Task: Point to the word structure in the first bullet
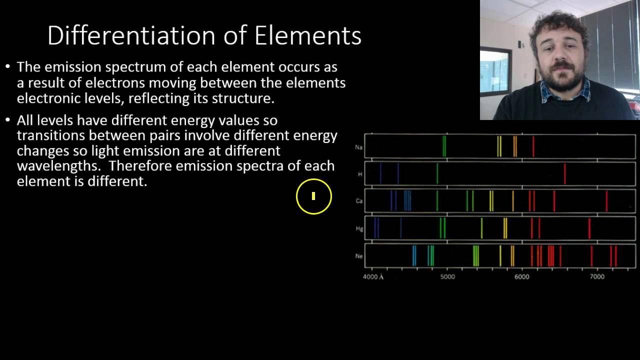[242, 98]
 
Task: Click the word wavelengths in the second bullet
[58, 166]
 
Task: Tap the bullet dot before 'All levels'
[7, 120]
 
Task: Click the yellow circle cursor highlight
[313, 196]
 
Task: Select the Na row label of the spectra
[358, 147]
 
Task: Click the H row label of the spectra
[360, 174]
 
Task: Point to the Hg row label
[359, 228]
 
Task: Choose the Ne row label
[358, 256]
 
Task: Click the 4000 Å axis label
[373, 276]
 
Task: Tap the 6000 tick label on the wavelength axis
[521, 276]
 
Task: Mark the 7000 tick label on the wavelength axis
[597, 276]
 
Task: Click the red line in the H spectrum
[565, 174]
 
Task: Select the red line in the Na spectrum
[533, 146]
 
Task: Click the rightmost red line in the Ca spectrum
[606, 201]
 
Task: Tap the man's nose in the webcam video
[559, 56]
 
